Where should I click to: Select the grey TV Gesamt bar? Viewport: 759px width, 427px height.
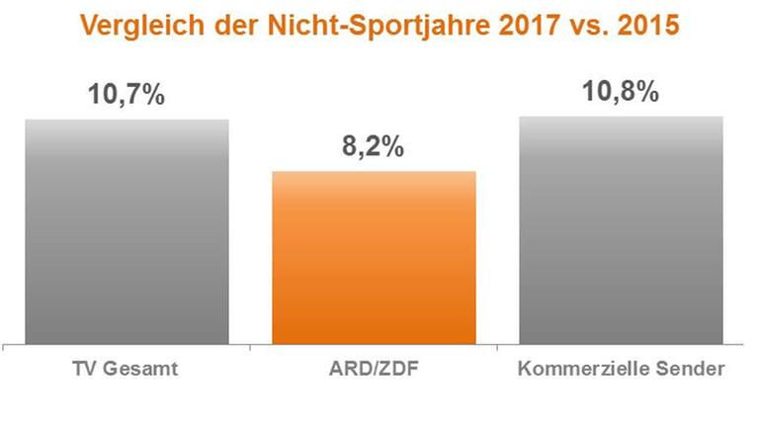[126, 232]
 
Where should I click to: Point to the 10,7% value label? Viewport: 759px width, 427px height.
[127, 97]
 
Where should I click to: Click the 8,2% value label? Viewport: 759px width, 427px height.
[373, 148]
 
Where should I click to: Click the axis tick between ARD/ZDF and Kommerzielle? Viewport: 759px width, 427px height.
[497, 349]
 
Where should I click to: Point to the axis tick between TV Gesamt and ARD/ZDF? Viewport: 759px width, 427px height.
[250, 349]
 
